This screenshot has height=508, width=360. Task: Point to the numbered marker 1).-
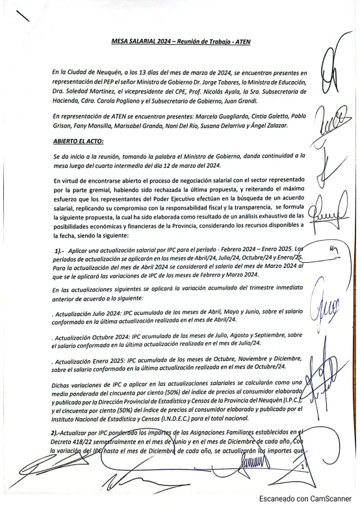[58, 250]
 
